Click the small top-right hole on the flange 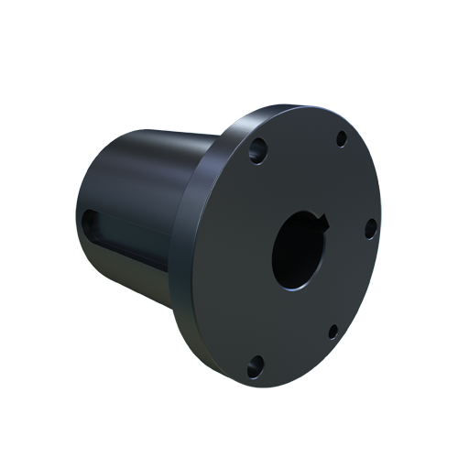tap(341, 140)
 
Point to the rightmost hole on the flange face tap(371, 229)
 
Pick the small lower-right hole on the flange tap(333, 330)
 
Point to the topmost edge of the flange tap(302, 106)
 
